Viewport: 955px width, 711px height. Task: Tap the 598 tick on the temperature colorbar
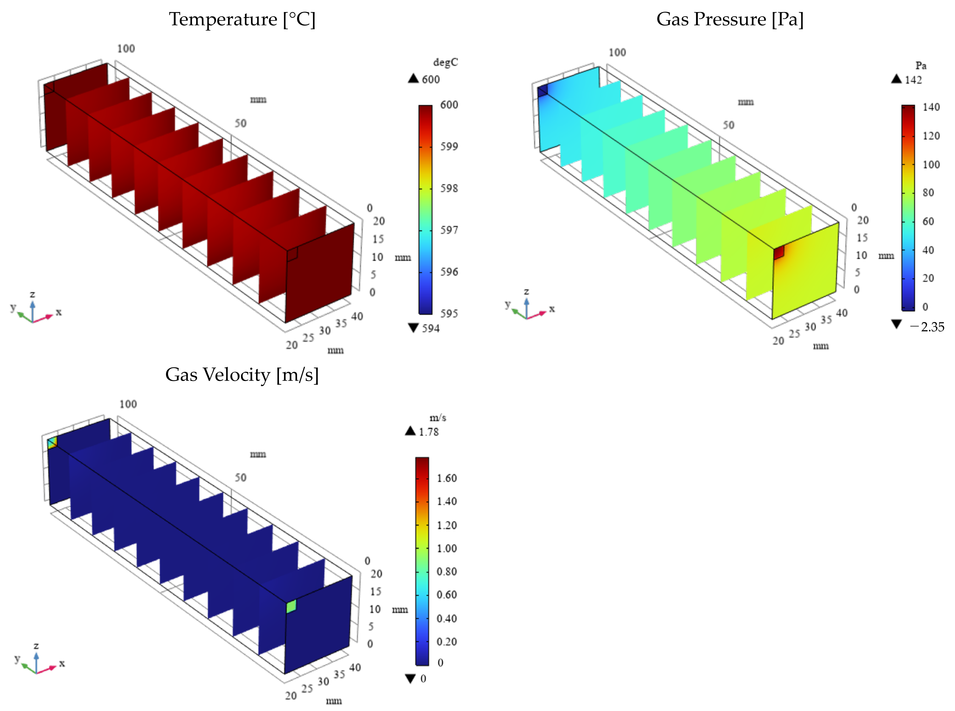coord(449,188)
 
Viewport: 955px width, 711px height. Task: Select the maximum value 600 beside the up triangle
coord(431,80)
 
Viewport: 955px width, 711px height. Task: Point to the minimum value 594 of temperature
coord(431,329)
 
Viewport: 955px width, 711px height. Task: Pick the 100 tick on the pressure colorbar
coord(931,164)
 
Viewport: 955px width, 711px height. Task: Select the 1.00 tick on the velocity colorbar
coord(446,548)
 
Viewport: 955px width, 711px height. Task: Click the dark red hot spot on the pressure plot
coord(779,253)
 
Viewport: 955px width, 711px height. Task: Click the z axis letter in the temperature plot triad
coord(32,294)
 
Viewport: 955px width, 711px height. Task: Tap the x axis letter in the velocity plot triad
coord(62,664)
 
